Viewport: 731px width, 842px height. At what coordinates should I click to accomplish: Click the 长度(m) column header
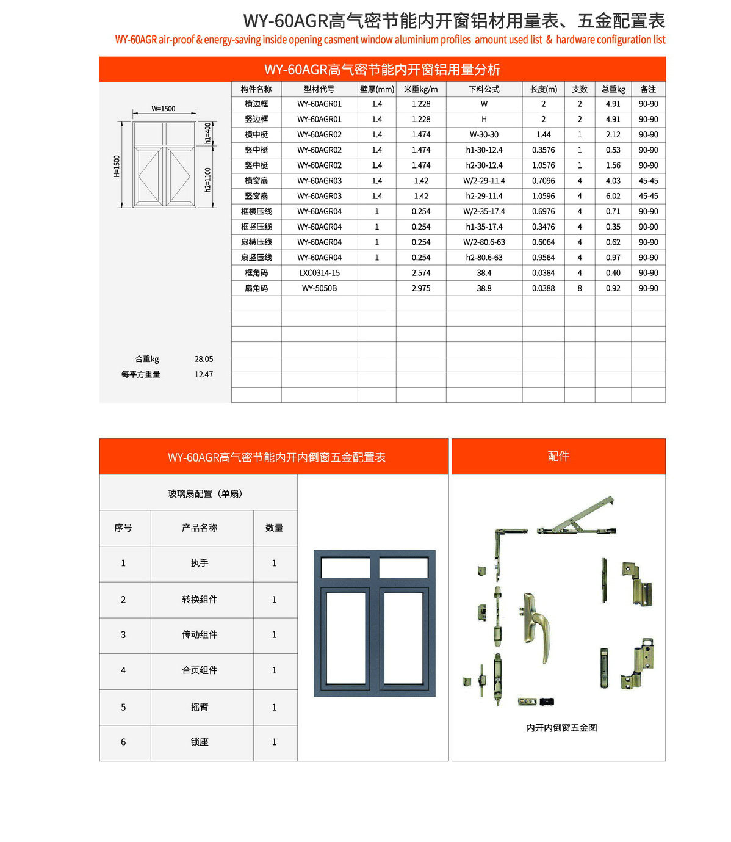click(x=543, y=89)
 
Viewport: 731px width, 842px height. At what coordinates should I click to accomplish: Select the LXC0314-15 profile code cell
click(x=319, y=273)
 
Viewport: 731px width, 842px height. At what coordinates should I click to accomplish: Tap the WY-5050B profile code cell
click(x=319, y=288)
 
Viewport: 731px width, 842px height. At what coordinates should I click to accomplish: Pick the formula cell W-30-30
click(x=484, y=135)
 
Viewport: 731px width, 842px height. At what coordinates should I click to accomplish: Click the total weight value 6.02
click(x=613, y=196)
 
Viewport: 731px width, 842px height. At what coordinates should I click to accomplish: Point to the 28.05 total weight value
click(x=204, y=359)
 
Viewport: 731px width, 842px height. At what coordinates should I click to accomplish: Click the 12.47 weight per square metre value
click(x=204, y=374)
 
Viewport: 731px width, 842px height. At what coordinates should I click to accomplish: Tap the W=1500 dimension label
click(x=164, y=109)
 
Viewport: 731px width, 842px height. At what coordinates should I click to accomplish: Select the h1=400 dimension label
click(x=208, y=133)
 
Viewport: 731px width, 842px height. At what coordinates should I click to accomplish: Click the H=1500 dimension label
click(x=117, y=165)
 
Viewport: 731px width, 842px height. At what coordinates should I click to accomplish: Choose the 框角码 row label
click(x=256, y=273)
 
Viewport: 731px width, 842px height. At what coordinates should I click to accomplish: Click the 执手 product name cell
click(x=200, y=563)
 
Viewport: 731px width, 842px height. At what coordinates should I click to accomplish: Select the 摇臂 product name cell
click(x=200, y=707)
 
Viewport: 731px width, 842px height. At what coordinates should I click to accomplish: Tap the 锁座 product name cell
click(x=200, y=742)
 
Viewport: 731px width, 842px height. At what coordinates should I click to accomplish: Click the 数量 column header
click(x=274, y=528)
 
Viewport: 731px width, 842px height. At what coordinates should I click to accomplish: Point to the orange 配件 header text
click(x=558, y=456)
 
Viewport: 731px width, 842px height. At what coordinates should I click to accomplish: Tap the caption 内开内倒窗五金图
click(x=561, y=728)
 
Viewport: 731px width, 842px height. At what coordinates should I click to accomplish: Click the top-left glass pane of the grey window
click(x=345, y=568)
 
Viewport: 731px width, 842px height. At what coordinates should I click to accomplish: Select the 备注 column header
click(x=648, y=89)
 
